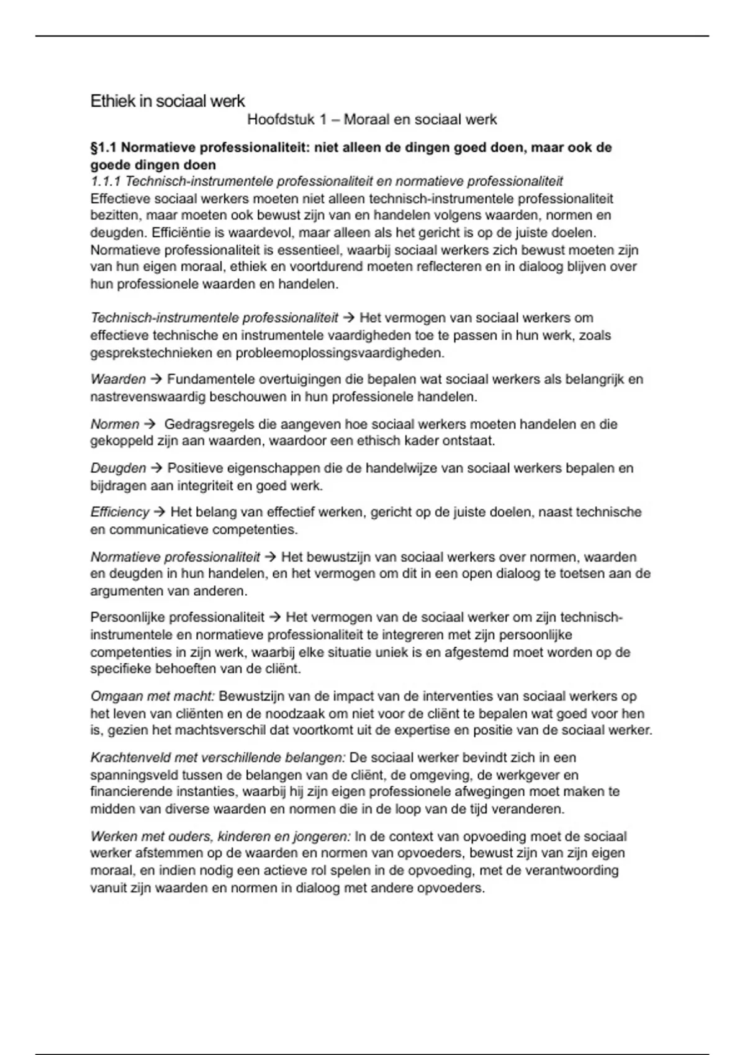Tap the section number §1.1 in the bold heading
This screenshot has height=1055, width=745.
pos(104,148)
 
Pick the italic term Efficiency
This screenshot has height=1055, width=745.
pos(120,512)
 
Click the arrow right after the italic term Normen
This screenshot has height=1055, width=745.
pos(149,424)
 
